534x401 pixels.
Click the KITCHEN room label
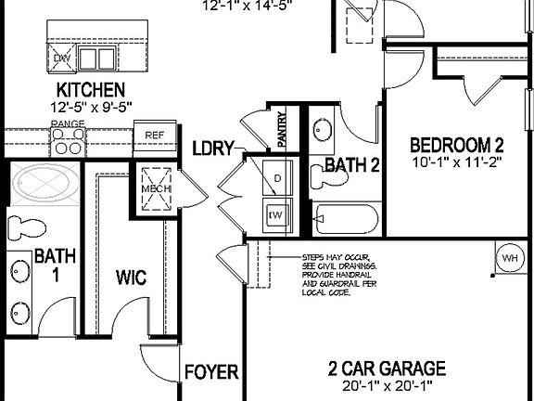tap(91, 90)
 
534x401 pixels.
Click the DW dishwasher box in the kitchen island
tap(62, 58)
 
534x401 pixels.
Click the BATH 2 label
tap(352, 166)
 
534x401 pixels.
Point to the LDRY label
tap(212, 148)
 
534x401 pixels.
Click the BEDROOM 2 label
tap(457, 145)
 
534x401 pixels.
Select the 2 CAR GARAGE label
tap(387, 369)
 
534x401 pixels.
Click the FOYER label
tap(210, 373)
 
